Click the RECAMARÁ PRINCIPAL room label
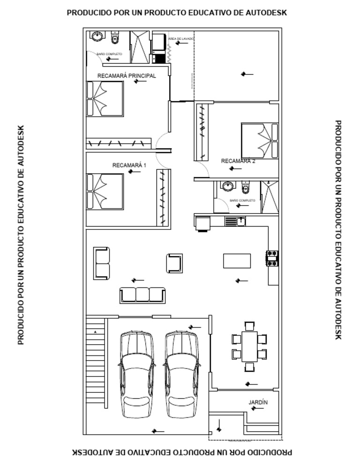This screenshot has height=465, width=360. click(127, 75)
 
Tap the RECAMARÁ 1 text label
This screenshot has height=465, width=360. click(129, 165)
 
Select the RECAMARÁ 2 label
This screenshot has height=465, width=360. click(238, 161)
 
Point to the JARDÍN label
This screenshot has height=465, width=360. click(258, 402)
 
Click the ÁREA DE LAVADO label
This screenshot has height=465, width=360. click(178, 39)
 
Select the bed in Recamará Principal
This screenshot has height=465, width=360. click(105, 99)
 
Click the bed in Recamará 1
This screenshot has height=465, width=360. click(105, 191)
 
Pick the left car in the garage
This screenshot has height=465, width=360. click(136, 374)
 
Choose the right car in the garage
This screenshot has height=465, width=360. click(181, 374)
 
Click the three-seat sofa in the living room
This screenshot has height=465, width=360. click(142, 295)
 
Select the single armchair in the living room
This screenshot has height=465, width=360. click(174, 263)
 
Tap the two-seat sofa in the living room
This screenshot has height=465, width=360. click(101, 263)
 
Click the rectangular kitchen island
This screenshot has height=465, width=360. click(237, 260)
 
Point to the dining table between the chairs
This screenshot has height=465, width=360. click(249, 346)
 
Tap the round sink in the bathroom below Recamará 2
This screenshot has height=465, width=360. click(228, 186)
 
